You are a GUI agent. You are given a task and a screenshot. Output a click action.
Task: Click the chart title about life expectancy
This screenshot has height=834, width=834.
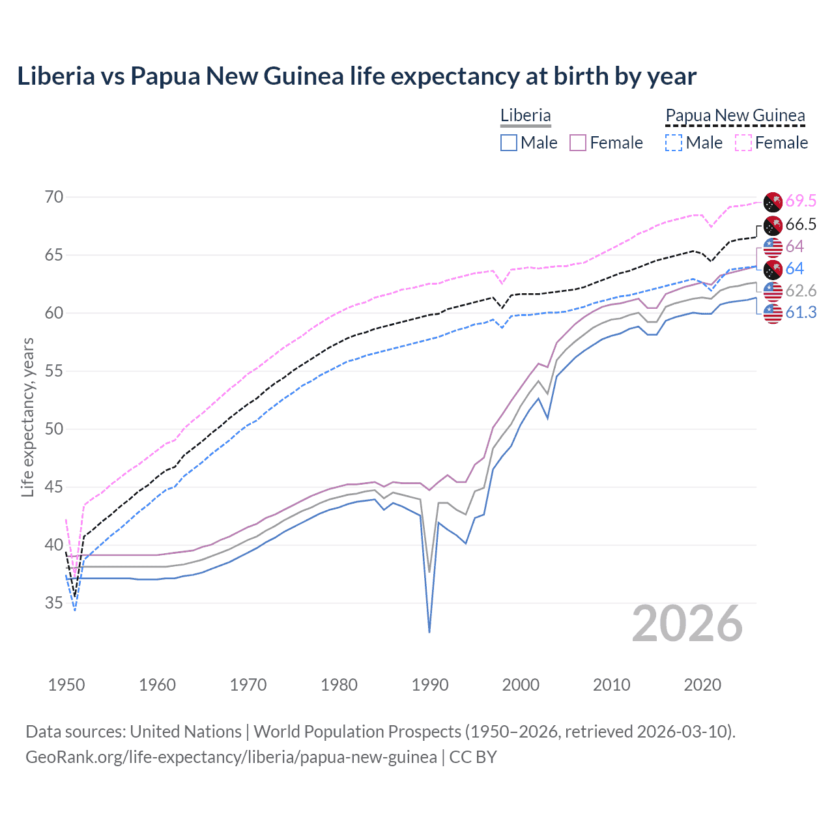(x=356, y=76)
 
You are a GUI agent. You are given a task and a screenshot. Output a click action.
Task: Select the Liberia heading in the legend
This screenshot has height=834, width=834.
(x=525, y=115)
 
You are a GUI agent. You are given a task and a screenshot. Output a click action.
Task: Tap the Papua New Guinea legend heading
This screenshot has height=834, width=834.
(x=735, y=115)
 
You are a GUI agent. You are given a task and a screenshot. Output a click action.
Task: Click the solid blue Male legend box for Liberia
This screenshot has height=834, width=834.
(x=509, y=143)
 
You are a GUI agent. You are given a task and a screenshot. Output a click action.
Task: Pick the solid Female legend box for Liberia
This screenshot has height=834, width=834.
(x=578, y=143)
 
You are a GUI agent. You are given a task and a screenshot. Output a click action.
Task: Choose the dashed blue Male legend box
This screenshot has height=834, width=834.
(x=674, y=143)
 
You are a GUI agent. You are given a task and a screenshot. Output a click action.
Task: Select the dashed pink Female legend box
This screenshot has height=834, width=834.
(x=743, y=143)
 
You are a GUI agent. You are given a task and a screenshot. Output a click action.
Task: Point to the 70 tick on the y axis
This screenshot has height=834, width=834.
(x=54, y=197)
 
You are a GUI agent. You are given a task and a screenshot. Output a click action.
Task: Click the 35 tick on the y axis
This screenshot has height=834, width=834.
(x=54, y=603)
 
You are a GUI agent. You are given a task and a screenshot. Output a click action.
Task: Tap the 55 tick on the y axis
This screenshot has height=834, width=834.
(x=54, y=371)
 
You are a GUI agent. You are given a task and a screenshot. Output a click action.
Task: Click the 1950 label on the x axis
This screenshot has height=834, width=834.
(x=66, y=685)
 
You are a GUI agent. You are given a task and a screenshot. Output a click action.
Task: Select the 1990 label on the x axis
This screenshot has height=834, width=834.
(x=430, y=685)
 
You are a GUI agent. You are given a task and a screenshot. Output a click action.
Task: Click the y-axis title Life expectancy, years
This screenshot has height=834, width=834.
(x=28, y=417)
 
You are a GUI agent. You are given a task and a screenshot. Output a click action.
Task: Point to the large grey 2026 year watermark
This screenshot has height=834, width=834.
(x=687, y=624)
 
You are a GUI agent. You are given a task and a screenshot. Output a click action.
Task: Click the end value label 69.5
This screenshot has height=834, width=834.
(x=801, y=201)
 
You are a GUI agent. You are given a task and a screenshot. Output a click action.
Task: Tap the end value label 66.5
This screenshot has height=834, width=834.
(x=801, y=225)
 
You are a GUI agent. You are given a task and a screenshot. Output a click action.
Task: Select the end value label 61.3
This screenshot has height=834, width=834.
(x=801, y=313)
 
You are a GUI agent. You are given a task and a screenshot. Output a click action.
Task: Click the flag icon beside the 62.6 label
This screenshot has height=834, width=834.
(x=773, y=291)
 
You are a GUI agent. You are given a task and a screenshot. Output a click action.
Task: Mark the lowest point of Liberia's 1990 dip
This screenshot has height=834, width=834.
(x=429, y=631)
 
